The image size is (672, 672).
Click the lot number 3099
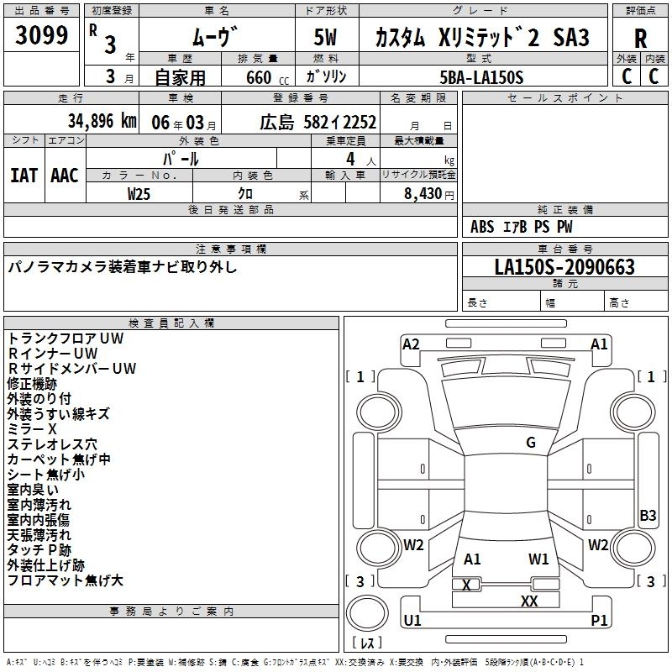pos(41,35)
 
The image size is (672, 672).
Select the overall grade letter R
pos(640,39)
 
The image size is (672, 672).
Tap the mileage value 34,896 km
pos(102,121)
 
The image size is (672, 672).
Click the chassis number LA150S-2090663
pos(564,266)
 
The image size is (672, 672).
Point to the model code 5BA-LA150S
pos(481,77)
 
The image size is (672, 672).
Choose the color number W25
pos(139,194)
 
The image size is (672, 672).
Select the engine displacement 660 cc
pos(267,77)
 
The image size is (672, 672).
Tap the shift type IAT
pos(24,176)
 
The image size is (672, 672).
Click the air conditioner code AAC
pos(65,176)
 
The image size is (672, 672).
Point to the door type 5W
pos(325,37)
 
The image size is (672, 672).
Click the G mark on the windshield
pos(531,443)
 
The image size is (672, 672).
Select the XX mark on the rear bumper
pos(529,601)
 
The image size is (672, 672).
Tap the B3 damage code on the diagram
pos(648,515)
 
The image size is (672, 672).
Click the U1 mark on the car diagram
pos(412,620)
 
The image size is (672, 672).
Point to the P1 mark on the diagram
pos(599,620)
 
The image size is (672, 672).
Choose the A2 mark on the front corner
pos(411,344)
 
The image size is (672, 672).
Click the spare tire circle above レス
pos(367,613)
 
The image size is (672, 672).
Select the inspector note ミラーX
pos(32,429)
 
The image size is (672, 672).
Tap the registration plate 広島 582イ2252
pos(318,123)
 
